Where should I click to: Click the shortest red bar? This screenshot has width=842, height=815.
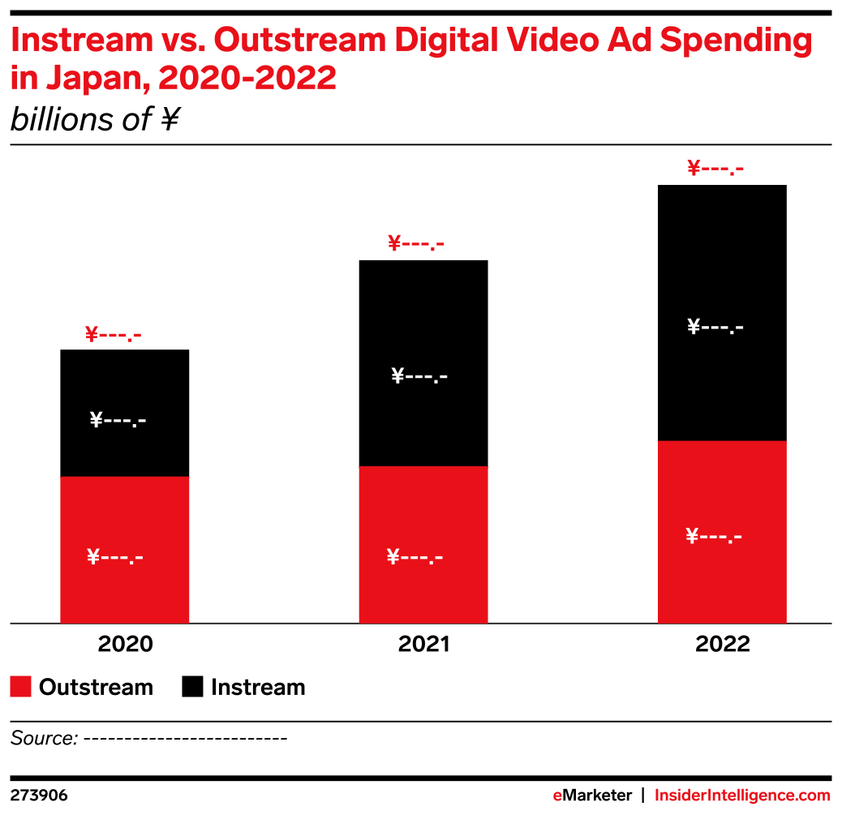(x=124, y=550)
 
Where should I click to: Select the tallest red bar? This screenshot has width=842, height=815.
(x=722, y=532)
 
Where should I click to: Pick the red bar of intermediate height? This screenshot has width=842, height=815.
(x=423, y=545)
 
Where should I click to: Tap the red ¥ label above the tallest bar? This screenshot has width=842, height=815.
(x=715, y=169)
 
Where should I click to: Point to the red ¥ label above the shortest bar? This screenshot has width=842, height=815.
(x=113, y=334)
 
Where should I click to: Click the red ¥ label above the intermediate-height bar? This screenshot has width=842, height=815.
(x=416, y=243)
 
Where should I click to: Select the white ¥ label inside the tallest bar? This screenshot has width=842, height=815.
(x=714, y=536)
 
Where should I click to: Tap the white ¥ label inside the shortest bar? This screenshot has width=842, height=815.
(x=115, y=557)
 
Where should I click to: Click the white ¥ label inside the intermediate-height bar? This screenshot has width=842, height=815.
(x=415, y=557)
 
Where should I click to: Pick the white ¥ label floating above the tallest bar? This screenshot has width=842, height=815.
(x=715, y=328)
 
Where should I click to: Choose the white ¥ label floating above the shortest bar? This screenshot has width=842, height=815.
(x=118, y=420)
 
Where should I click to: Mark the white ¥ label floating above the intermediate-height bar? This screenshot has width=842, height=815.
(x=419, y=376)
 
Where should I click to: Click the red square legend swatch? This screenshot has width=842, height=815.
(x=21, y=686)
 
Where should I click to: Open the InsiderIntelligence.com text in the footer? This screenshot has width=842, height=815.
(x=742, y=796)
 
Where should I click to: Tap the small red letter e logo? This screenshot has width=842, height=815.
(x=557, y=796)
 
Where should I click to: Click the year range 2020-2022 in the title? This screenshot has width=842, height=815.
(x=247, y=79)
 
